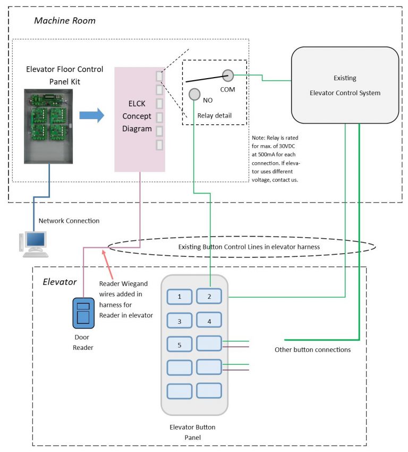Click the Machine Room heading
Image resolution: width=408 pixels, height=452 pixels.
[65, 21]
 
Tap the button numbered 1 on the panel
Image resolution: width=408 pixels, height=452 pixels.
[180, 296]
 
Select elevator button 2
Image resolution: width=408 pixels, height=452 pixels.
[209, 296]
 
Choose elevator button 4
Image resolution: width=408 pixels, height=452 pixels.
[209, 321]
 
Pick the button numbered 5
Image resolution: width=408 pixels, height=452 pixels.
[180, 345]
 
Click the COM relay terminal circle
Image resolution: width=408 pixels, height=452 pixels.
[228, 76]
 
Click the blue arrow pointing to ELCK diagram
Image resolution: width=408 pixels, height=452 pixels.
[91, 115]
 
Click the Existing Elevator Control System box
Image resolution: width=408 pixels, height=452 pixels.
[345, 85]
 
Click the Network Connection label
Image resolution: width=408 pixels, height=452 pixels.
[69, 221]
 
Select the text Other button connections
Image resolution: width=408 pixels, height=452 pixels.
[312, 350]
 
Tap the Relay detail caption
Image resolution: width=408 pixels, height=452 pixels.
[215, 115]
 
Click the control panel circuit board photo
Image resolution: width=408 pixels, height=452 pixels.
[48, 125]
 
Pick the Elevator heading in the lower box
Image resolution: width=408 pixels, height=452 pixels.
[59, 281]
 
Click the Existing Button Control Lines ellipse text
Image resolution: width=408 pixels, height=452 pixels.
[242, 247]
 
